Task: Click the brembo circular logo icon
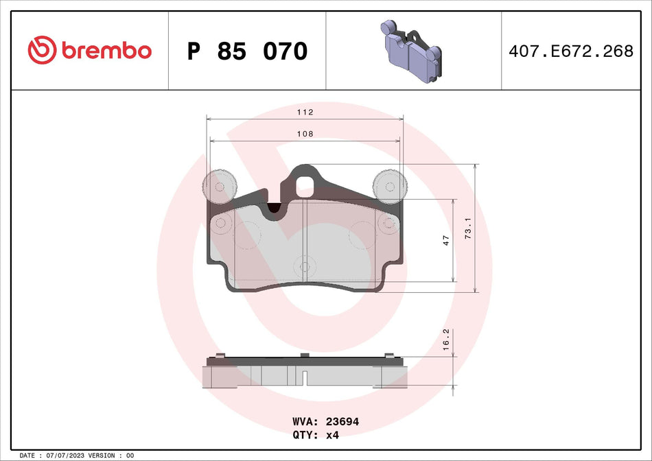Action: click(41, 50)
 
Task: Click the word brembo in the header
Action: click(105, 51)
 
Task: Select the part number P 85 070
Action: click(247, 51)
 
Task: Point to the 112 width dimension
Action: click(305, 112)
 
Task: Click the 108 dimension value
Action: click(305, 134)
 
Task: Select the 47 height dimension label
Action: click(445, 240)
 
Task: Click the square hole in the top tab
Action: click(304, 185)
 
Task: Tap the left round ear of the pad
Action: click(220, 186)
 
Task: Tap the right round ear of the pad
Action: click(389, 186)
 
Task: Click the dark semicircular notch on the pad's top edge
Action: click(275, 208)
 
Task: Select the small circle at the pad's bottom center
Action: click(304, 267)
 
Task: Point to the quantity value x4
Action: click(332, 435)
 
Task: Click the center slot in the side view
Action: click(304, 377)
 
